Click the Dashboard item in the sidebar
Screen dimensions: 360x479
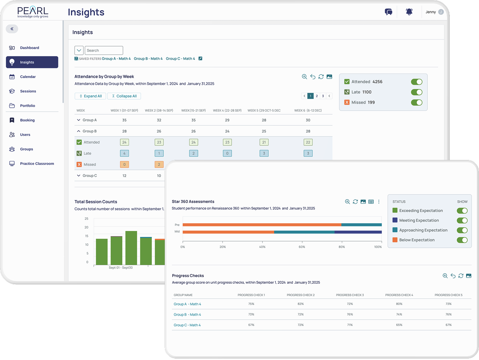(29, 48)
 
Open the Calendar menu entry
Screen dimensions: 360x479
(28, 77)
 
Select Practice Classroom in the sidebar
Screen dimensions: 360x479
(37, 164)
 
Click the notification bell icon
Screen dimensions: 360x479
(409, 12)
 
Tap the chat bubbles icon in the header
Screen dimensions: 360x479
(388, 12)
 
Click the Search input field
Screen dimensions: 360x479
(104, 50)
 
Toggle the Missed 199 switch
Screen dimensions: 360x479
(416, 103)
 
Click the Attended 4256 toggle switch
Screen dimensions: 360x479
(416, 82)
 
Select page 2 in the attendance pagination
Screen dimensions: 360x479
(317, 96)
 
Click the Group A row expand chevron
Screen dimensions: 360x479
(79, 120)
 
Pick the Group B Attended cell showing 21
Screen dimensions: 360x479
(264, 143)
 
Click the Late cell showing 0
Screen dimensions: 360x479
(227, 154)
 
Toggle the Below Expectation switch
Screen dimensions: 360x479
(462, 240)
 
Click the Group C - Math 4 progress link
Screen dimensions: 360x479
(187, 325)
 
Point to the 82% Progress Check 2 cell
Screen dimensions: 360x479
(301, 304)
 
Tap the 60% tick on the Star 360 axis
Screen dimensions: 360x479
(302, 247)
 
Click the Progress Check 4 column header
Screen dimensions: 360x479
(399, 295)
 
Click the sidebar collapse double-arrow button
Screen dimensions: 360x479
(12, 29)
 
